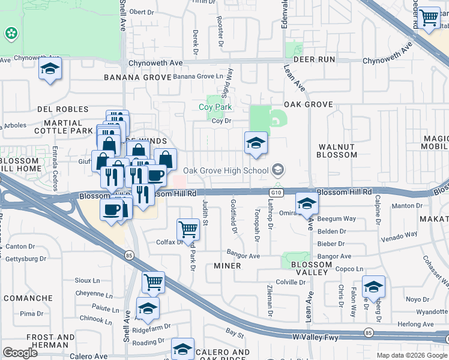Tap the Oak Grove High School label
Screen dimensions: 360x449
point(226,170)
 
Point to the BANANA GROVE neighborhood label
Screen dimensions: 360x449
point(137,77)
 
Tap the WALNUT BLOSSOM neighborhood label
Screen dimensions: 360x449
point(337,151)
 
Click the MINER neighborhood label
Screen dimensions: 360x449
point(228,265)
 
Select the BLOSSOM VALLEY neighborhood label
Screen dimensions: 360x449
point(310,268)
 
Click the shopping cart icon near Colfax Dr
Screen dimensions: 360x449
point(188,229)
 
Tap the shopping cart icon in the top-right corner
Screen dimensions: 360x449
point(429,17)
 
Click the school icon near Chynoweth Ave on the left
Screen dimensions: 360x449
point(50,69)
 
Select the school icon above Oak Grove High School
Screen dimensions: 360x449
point(256,143)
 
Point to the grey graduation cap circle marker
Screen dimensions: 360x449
point(278,170)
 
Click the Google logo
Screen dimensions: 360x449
point(20,353)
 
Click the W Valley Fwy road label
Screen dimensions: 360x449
point(316,338)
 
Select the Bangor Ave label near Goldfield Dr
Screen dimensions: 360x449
point(243,256)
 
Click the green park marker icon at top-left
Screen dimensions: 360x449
point(11,34)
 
